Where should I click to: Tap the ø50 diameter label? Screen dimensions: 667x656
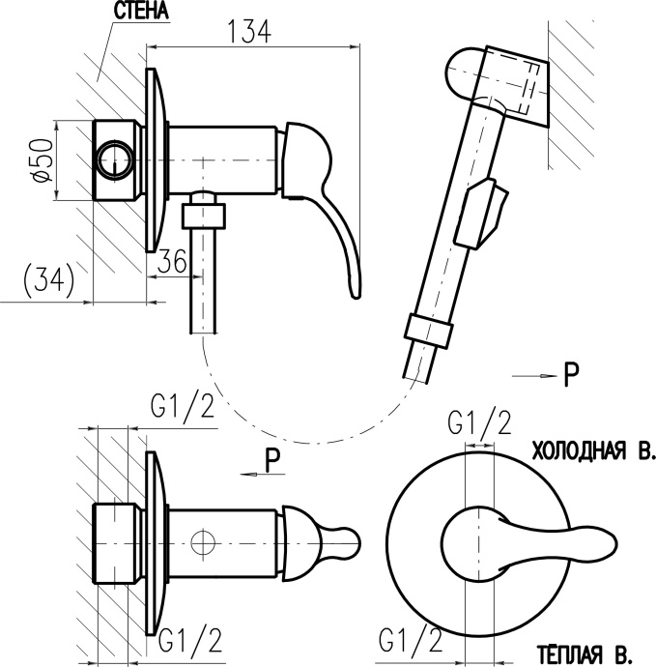[40, 160]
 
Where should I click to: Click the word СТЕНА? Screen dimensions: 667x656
[141, 12]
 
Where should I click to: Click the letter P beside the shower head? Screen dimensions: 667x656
[572, 375]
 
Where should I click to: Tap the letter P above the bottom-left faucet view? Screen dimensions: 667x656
[273, 462]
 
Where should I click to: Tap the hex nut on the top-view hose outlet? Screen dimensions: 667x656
[205, 212]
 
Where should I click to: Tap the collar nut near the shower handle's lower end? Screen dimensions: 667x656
[428, 331]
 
